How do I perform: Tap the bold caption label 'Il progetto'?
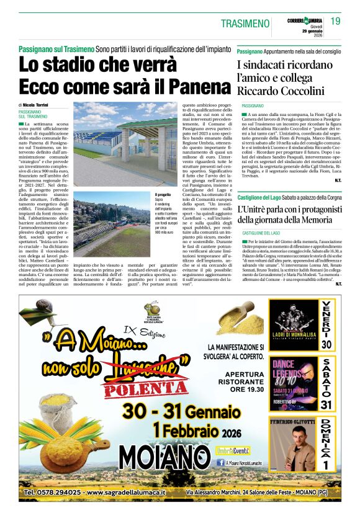pos(164,195)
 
